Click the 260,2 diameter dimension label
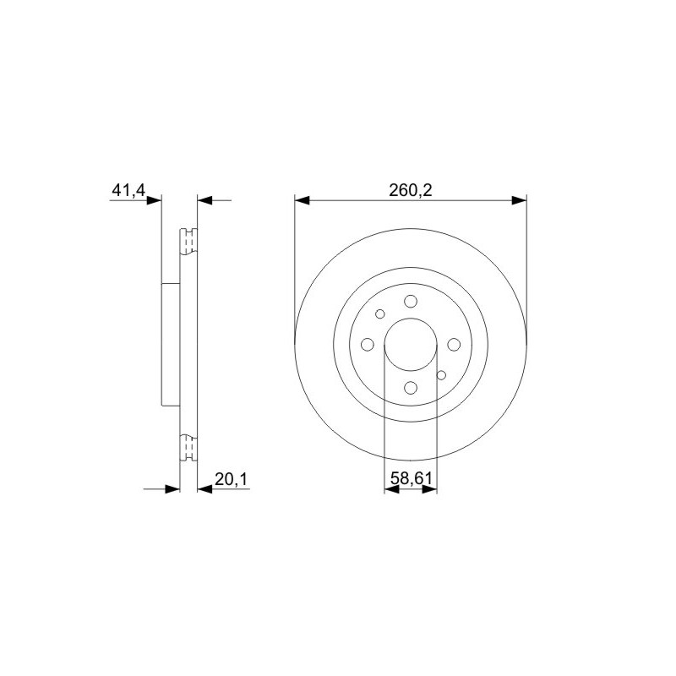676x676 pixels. click(x=410, y=190)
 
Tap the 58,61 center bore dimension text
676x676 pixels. click(x=411, y=478)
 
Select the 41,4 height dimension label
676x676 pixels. click(x=129, y=190)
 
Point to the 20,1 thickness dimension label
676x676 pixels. click(x=232, y=479)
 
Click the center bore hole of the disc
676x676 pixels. click(x=411, y=345)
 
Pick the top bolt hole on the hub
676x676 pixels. click(x=411, y=302)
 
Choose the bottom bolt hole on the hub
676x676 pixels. click(x=411, y=388)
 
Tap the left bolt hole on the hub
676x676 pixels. click(x=368, y=345)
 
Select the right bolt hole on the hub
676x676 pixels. click(x=454, y=345)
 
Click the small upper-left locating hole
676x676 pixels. click(x=379, y=313)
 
